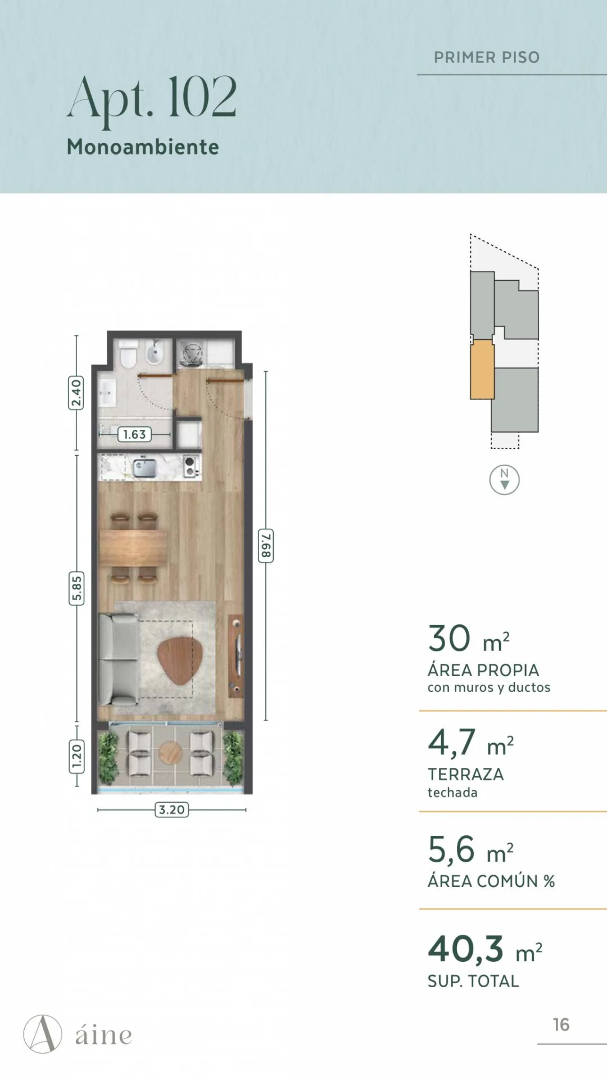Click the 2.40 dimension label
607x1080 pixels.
click(x=76, y=393)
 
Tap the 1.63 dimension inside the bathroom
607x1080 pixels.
click(x=134, y=434)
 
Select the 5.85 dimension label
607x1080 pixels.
click(x=76, y=588)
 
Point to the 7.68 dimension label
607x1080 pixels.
click(x=266, y=545)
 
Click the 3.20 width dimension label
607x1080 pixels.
click(x=171, y=809)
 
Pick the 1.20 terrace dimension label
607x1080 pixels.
click(x=76, y=757)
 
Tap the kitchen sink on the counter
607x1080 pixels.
click(x=144, y=467)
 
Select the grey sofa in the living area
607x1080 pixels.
click(x=118, y=659)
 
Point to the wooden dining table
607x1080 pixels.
click(x=134, y=547)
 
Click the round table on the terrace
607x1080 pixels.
click(x=170, y=752)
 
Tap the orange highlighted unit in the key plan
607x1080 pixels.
click(x=482, y=370)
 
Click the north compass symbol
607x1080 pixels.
click(x=504, y=480)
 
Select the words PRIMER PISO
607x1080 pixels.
click(x=487, y=57)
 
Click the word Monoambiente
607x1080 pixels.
click(x=143, y=147)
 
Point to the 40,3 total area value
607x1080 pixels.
click(x=466, y=949)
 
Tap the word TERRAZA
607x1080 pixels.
click(x=466, y=775)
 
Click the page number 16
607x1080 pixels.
click(x=561, y=1025)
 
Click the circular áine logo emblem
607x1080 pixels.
click(x=43, y=1034)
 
